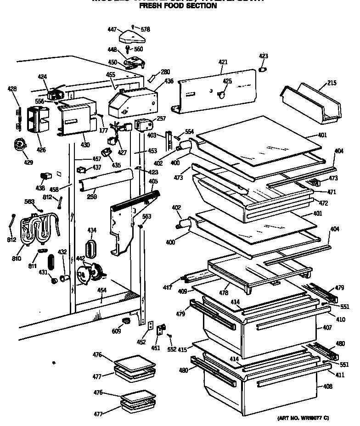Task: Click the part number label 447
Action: (x=112, y=29)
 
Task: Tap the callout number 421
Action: (x=223, y=62)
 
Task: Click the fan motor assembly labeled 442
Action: (x=91, y=274)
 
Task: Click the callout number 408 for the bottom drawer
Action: (x=327, y=386)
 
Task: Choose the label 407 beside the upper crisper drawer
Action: (x=327, y=328)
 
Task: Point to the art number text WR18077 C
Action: (x=304, y=418)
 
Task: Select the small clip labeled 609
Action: (x=125, y=320)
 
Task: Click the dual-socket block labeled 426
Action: (x=39, y=118)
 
